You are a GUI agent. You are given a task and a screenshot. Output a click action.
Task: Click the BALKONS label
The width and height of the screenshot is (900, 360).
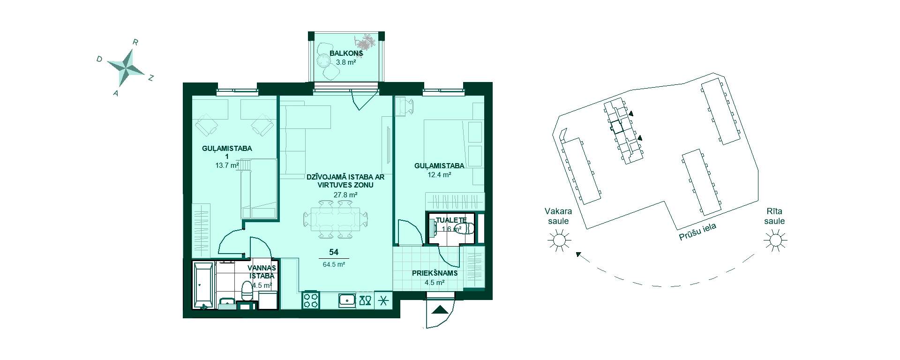(x=346, y=53)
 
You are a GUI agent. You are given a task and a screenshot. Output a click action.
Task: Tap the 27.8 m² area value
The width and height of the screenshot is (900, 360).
(x=345, y=195)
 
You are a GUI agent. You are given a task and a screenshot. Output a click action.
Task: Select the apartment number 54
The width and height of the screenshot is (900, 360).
(x=334, y=252)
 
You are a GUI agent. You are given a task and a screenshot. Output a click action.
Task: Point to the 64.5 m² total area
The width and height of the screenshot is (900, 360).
(x=334, y=264)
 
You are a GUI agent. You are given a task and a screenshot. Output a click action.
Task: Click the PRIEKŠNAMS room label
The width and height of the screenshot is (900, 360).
(x=435, y=273)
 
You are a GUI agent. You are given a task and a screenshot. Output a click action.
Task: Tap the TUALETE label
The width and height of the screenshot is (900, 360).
(x=451, y=220)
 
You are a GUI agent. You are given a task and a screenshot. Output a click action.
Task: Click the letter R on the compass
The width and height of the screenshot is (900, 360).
(x=135, y=42)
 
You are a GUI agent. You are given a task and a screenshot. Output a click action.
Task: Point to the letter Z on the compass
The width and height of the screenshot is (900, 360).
(x=151, y=78)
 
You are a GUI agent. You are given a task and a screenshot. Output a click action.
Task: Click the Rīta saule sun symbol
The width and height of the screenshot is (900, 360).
(x=775, y=241)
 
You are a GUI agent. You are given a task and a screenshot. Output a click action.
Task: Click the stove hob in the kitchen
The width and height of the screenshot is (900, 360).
(x=311, y=300)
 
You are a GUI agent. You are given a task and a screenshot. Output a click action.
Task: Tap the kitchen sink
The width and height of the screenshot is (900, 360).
(x=347, y=300)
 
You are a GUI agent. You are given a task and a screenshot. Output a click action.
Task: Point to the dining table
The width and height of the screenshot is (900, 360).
(x=335, y=219)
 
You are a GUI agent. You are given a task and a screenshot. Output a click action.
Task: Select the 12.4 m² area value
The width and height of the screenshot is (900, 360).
(x=439, y=175)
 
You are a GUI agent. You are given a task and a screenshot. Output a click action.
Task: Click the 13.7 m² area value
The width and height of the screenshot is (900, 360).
(x=227, y=165)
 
